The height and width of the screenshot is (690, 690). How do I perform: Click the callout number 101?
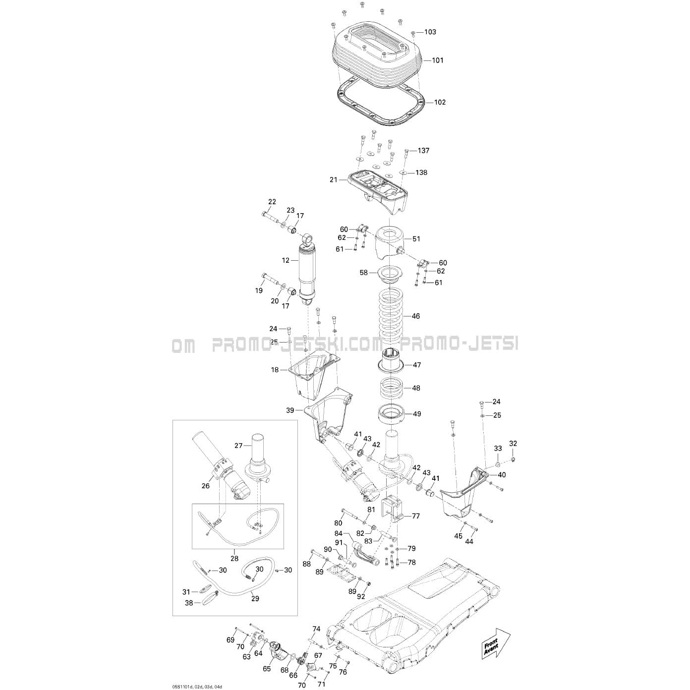(437, 60)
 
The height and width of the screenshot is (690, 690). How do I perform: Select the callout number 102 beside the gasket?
(440, 102)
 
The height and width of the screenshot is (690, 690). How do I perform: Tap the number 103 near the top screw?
(430, 32)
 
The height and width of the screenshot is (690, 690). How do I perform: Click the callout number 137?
(423, 150)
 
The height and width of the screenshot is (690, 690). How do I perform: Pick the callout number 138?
(421, 172)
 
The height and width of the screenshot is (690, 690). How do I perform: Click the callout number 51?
(416, 239)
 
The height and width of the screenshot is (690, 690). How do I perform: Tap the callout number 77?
(416, 516)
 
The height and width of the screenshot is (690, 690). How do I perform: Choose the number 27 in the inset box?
(238, 446)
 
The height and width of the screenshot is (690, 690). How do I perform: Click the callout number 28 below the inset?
(234, 559)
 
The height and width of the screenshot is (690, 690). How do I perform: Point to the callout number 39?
(289, 410)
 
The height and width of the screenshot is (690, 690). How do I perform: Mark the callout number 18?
(275, 370)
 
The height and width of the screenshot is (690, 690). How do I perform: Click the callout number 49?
(417, 414)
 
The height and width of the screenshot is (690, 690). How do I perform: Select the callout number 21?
(334, 180)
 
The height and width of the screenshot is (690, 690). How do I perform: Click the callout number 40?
(502, 475)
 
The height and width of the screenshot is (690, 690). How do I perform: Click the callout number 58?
(363, 273)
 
